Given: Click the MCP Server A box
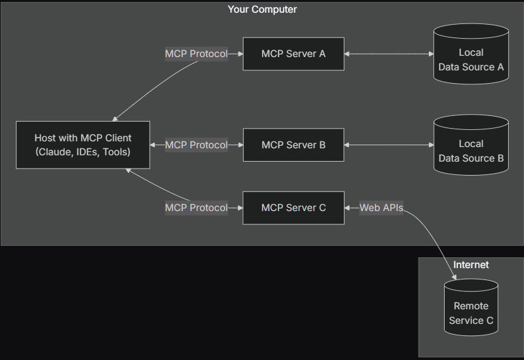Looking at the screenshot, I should click(293, 54).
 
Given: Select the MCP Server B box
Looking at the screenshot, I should click(293, 145).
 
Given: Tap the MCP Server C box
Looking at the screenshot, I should click(293, 207).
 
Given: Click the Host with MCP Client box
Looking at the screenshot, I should click(83, 145).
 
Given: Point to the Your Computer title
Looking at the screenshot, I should click(262, 10).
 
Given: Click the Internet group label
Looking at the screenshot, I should click(471, 264).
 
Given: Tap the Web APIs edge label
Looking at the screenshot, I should click(381, 208).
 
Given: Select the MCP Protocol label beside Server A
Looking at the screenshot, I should click(196, 54).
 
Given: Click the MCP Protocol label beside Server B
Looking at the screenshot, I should click(196, 145).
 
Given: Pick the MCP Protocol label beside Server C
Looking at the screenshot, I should click(196, 208).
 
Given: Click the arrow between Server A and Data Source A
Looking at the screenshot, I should click(388, 54).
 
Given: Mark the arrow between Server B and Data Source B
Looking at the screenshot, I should click(388, 145).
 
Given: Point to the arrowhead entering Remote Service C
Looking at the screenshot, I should click(453, 276).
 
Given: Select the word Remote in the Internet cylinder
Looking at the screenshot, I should click(471, 306).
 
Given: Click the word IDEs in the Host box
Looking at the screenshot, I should click(86, 152).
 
